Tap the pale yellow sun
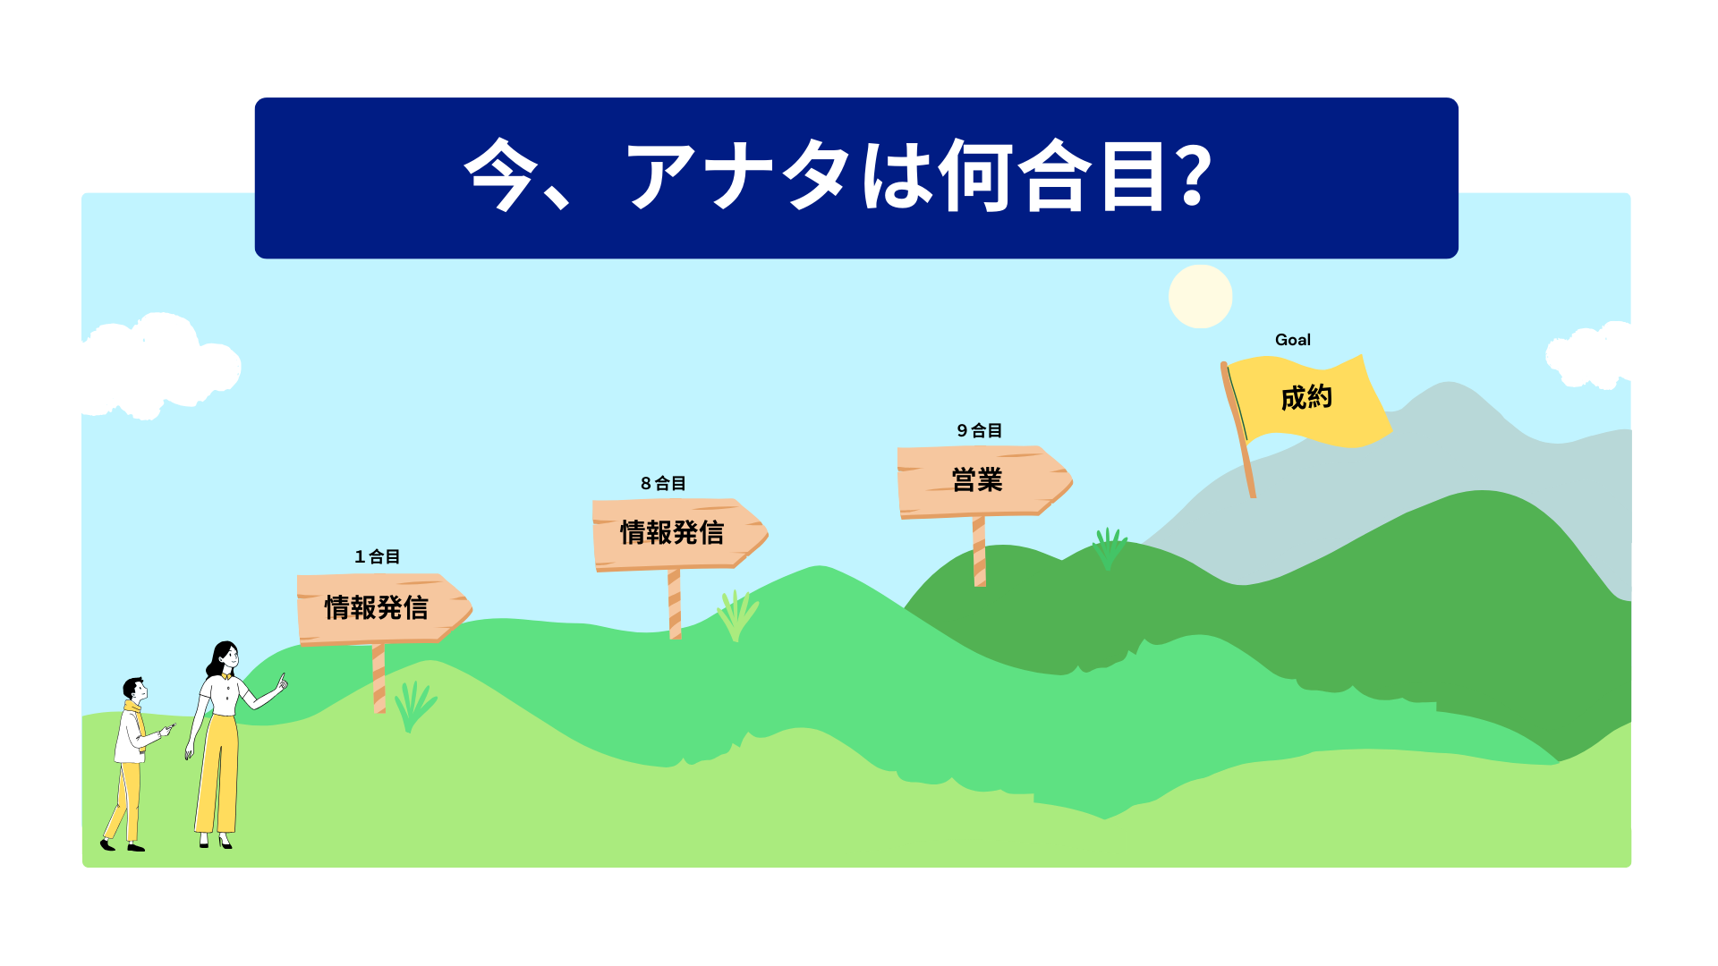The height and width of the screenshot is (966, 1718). coord(1200,296)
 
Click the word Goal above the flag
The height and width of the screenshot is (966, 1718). coord(1292,340)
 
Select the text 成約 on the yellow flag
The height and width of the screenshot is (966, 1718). coord(1306,397)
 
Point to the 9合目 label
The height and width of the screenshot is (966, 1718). coord(979,430)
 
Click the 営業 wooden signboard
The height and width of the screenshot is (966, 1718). coord(984,481)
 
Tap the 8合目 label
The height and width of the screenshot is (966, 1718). coord(663,483)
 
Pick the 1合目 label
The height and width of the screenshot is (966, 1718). coord(377,556)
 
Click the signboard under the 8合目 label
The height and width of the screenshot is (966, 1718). coord(679,534)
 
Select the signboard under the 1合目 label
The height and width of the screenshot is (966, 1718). coord(384,609)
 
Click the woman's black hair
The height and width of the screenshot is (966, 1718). coord(218,659)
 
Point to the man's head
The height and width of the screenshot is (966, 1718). coord(135,690)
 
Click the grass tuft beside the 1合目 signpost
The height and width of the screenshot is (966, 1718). coord(414,707)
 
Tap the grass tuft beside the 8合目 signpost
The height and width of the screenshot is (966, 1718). coord(737,615)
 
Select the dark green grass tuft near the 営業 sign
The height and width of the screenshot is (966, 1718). coord(1109,548)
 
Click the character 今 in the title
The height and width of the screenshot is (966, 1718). coord(501,174)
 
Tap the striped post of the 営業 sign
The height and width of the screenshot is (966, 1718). coord(979,551)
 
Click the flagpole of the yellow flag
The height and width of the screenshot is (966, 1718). coord(1237,429)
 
